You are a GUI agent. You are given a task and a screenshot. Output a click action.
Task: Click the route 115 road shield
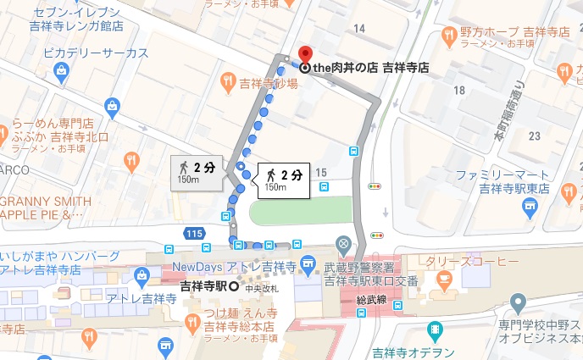(x=194, y=232)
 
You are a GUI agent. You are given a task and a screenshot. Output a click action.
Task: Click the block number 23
(x=534, y=136)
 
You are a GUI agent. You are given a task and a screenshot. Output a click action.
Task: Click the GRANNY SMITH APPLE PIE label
(x=47, y=208)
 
